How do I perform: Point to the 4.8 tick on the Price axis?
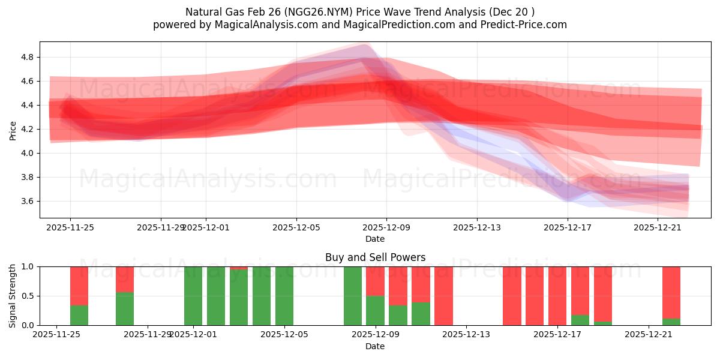coord(26,57)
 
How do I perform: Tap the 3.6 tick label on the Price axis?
coord(26,201)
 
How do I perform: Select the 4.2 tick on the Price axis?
coord(26,129)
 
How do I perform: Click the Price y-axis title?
coord(13,130)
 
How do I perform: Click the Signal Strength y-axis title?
coord(13,296)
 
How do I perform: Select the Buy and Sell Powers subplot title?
coord(375,257)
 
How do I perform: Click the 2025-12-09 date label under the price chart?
coord(386,228)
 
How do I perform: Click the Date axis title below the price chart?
coord(375,239)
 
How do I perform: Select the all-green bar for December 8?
coord(353,296)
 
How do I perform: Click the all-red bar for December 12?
coord(444,296)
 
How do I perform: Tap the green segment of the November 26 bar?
coord(79,316)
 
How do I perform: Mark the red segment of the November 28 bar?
coord(125,279)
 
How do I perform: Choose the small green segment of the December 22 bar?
coord(671,322)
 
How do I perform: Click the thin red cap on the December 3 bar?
coord(239,268)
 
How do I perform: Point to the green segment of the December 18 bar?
coord(580,320)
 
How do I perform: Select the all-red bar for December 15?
coord(512,296)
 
